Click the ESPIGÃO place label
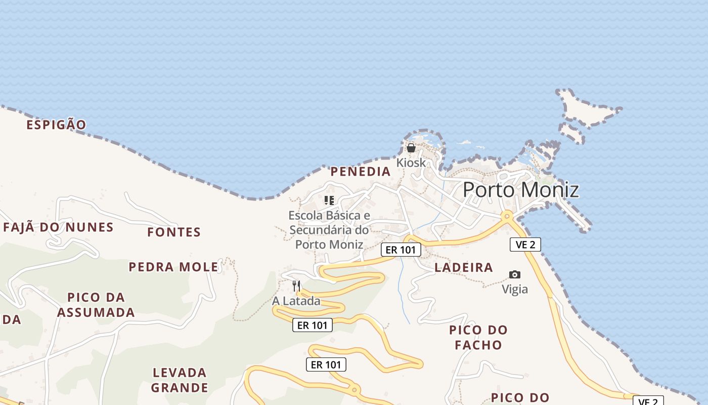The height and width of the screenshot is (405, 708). click(56, 125)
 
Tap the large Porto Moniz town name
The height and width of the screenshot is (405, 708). click(520, 190)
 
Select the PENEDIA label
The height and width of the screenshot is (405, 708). click(361, 172)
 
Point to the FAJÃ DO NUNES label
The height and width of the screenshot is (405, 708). click(58, 227)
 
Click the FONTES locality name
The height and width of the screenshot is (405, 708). click(174, 232)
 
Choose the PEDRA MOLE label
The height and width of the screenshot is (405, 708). click(173, 267)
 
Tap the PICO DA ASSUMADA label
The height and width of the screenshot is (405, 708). click(96, 305)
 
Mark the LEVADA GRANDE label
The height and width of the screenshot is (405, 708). click(180, 380)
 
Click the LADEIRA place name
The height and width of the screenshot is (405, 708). click(464, 268)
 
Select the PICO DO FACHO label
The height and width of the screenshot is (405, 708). click(478, 338)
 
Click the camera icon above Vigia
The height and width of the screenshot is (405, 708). click(514, 275)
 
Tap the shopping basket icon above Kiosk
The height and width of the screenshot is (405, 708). click(411, 148)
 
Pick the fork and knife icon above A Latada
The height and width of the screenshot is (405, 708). click(296, 286)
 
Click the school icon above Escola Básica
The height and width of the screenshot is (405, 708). click(329, 200)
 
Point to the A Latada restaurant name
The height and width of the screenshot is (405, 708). click(296, 301)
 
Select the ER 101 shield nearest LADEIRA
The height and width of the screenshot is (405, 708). click(401, 250)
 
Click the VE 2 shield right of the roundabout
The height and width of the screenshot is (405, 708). click(525, 245)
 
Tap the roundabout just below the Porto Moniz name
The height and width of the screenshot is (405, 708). click(506, 216)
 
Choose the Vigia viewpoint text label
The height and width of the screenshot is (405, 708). click(514, 290)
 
